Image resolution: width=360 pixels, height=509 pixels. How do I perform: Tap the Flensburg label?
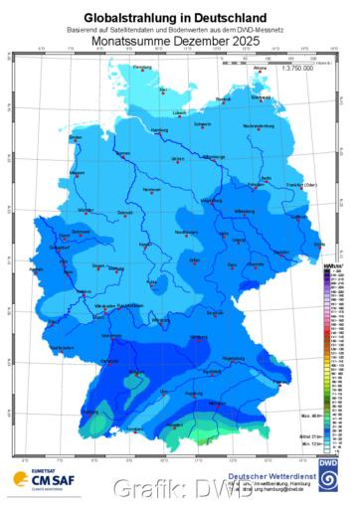click(145, 67)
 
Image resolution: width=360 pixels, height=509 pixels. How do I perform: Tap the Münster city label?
click(86, 212)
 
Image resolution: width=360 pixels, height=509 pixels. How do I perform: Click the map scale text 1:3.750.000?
click(298, 68)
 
